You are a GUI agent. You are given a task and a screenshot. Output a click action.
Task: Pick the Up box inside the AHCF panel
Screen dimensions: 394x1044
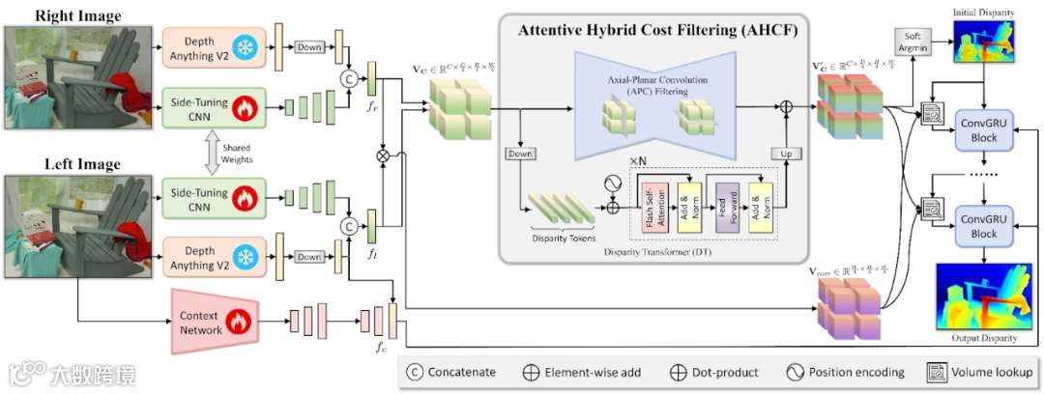tap(784, 154)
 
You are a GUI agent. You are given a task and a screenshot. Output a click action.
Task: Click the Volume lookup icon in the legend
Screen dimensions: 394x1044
tap(936, 372)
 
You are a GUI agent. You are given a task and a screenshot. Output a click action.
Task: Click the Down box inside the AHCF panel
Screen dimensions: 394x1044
tap(520, 154)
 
